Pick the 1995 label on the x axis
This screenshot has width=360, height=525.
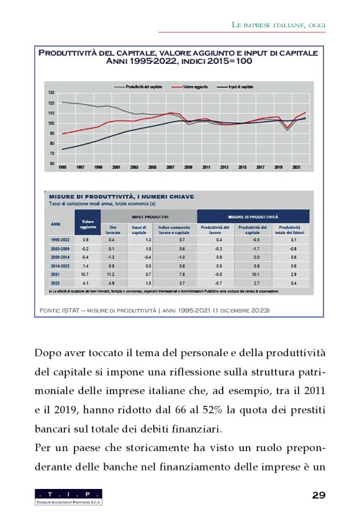pyautogui.click(x=62, y=168)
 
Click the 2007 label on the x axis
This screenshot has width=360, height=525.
pyautogui.click(x=169, y=168)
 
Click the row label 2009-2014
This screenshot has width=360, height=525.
pyautogui.click(x=60, y=256)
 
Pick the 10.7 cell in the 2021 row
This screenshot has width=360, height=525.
pyautogui.click(x=86, y=274)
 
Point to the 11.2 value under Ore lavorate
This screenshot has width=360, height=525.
pyautogui.click(x=112, y=274)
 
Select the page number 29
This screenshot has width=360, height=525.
pyautogui.click(x=318, y=495)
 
